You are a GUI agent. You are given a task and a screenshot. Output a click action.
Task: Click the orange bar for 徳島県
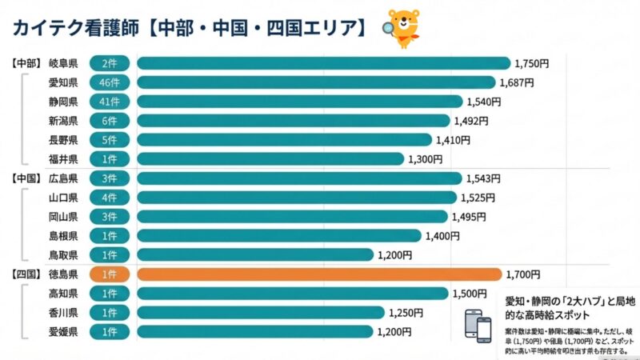tap(320, 274)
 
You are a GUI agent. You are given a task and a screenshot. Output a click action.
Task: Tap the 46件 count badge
tap(110, 82)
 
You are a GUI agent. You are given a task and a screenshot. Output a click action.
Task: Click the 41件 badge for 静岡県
tap(110, 102)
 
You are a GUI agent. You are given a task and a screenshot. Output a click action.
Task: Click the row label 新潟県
tap(62, 121)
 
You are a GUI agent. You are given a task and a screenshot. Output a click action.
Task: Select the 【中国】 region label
tap(26, 178)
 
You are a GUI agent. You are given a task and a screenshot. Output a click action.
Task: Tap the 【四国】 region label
tap(26, 274)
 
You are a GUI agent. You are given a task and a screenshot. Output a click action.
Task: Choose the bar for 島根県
tap(279, 236)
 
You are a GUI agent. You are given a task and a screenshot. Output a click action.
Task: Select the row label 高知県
tap(62, 294)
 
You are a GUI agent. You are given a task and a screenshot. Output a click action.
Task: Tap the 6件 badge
tap(110, 121)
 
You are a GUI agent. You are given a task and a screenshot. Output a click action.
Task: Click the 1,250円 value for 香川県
tap(406, 313)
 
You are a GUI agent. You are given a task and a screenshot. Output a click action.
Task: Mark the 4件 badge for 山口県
tap(110, 198)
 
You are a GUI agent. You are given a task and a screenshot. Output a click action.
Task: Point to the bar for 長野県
tap(284, 140)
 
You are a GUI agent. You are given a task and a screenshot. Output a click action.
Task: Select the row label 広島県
tap(62, 178)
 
